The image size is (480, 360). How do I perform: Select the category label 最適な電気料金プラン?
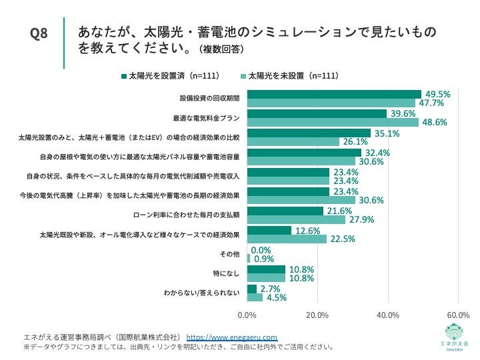click(207, 118)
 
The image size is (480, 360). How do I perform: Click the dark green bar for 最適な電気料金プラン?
click(317, 114)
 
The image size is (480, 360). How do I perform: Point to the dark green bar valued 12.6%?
click(269, 231)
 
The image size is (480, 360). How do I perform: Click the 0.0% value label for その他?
click(261, 250)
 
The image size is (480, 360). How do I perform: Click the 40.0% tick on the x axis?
click(387, 315)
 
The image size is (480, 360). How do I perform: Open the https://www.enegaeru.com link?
click(231, 338)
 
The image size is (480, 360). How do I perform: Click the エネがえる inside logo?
click(457, 337)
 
